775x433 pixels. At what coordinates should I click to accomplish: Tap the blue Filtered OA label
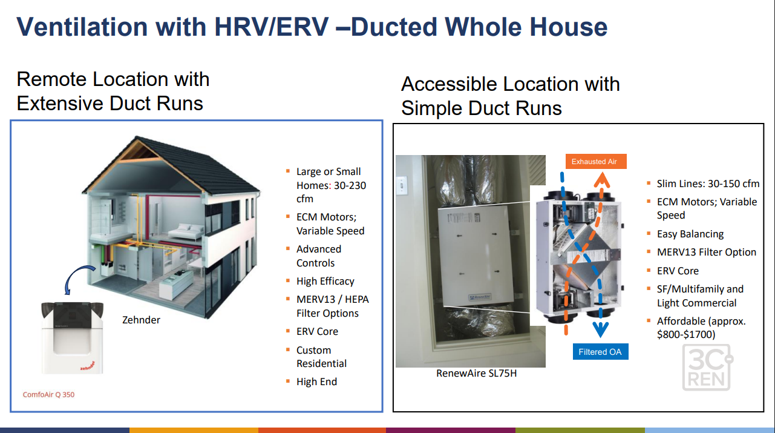pos(600,352)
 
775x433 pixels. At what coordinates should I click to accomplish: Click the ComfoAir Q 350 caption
pos(49,394)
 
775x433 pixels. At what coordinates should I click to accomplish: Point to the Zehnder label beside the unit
pos(141,320)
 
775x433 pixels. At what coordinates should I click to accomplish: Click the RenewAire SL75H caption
pos(476,374)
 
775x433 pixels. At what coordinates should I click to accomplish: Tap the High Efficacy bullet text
pos(325,281)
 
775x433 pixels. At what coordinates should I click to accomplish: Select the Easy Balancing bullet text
pos(690,234)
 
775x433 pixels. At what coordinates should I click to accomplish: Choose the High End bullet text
pos(316,382)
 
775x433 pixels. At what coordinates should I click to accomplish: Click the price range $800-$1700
pos(686,334)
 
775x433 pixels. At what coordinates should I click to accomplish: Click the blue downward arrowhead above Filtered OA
pos(600,328)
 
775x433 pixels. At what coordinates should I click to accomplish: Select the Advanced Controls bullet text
pos(318,256)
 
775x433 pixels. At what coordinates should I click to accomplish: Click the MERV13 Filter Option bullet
pos(706,252)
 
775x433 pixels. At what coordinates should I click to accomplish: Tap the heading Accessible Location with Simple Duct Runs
pos(510,96)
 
